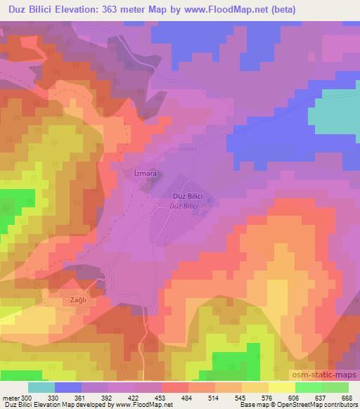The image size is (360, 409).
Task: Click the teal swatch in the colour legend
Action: [x=41, y=387]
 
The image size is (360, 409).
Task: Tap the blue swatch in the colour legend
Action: [x=69, y=387]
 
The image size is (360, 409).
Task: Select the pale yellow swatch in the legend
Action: [x=281, y=387]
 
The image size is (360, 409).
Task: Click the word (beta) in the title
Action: [x=297, y=10]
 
